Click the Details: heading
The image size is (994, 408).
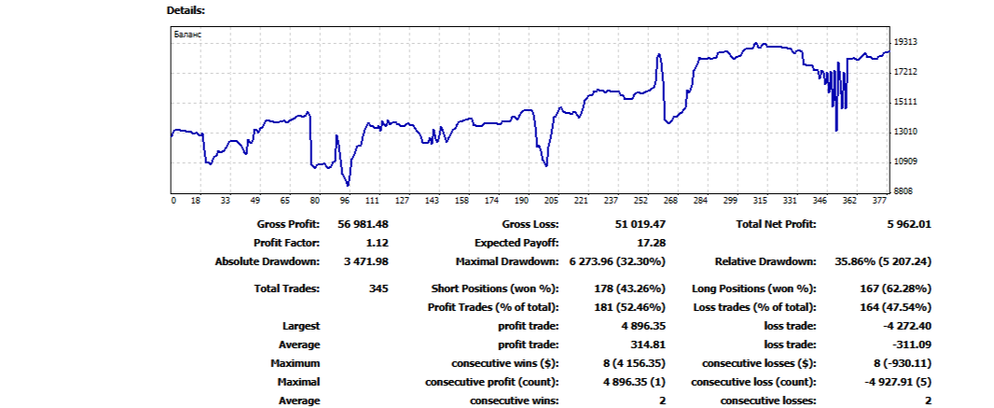(186, 10)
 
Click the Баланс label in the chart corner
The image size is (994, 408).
(188, 35)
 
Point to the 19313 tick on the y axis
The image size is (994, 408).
(905, 42)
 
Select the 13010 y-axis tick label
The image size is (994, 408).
(905, 132)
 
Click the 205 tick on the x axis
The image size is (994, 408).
(550, 200)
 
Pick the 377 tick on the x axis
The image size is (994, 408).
(879, 200)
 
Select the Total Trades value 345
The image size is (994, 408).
(379, 288)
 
